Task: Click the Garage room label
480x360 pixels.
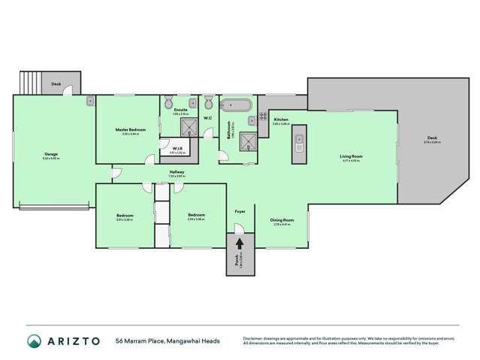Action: pyautogui.click(x=50, y=154)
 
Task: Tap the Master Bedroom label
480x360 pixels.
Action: pyautogui.click(x=130, y=130)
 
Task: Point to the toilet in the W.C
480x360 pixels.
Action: pyautogui.click(x=207, y=102)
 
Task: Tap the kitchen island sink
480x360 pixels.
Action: pyautogui.click(x=298, y=140)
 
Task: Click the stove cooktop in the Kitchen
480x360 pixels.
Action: pyautogui.click(x=263, y=116)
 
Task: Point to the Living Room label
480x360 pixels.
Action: pyautogui.click(x=352, y=156)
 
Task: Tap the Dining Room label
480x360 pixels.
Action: pyautogui.click(x=282, y=220)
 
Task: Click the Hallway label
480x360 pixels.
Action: pyautogui.click(x=177, y=172)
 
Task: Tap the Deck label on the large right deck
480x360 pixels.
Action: pyautogui.click(x=431, y=138)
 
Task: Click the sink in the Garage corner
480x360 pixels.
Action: pyautogui.click(x=89, y=100)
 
